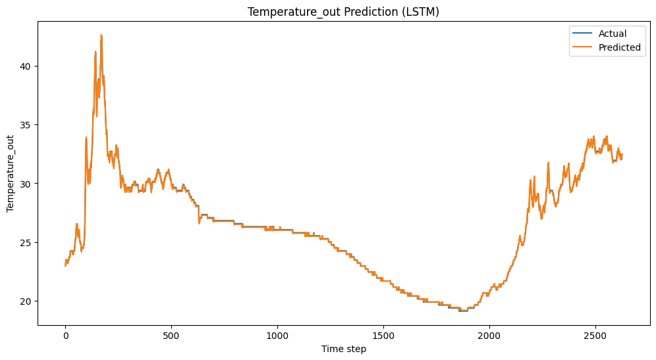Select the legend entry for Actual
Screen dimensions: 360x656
612,34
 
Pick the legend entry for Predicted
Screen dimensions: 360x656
619,47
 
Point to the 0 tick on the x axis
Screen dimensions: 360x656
65,336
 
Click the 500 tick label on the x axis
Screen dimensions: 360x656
171,336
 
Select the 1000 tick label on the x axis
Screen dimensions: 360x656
277,336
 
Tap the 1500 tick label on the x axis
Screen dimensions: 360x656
383,336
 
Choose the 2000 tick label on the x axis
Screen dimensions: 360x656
489,336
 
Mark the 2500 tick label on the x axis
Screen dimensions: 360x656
595,336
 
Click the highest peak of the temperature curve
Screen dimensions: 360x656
101,35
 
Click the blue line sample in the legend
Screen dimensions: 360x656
583,34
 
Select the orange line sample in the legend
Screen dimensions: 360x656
583,47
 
